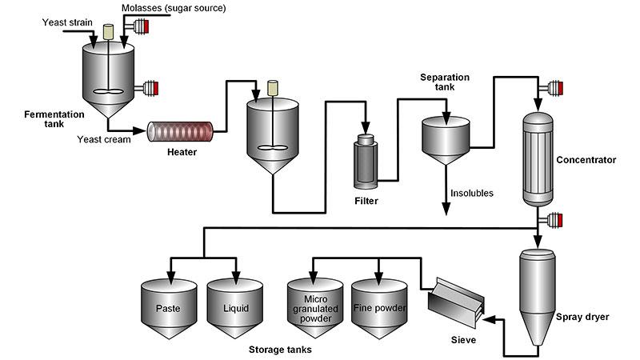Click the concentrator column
tap(537, 159)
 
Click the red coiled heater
tap(180, 130)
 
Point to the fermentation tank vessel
tap(109, 76)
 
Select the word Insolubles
tap(472, 193)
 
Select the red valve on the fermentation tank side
tap(149, 86)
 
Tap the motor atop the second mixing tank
tap(271, 87)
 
